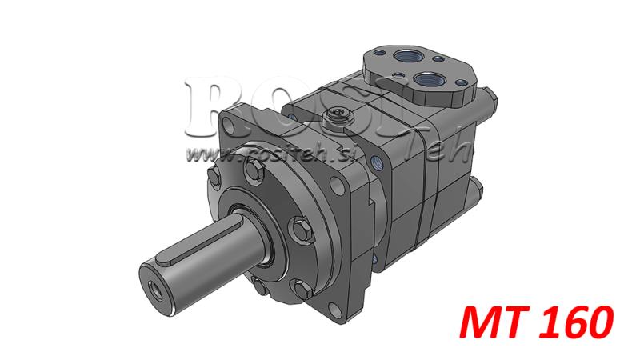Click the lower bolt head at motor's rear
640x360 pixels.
click(x=478, y=190)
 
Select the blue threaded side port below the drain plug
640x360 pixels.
click(x=377, y=164)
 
